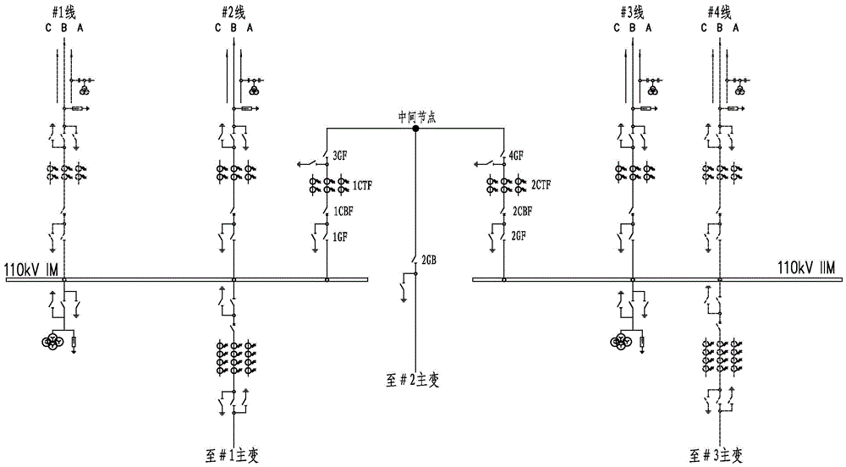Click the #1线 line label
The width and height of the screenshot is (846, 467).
(x=63, y=9)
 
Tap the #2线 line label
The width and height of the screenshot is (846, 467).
(x=233, y=9)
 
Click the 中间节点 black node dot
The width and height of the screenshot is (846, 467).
(x=415, y=129)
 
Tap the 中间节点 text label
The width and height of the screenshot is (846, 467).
(x=415, y=117)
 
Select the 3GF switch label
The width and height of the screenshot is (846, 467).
(x=341, y=157)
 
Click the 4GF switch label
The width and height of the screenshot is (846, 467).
(x=517, y=157)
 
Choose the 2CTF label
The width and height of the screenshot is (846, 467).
(x=541, y=184)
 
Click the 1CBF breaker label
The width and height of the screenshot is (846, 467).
(x=343, y=211)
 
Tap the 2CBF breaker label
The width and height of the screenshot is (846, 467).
(x=522, y=211)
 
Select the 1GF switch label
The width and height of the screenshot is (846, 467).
(x=341, y=238)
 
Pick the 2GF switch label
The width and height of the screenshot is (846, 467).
(x=519, y=238)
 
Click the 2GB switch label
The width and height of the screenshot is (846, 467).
(x=429, y=261)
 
